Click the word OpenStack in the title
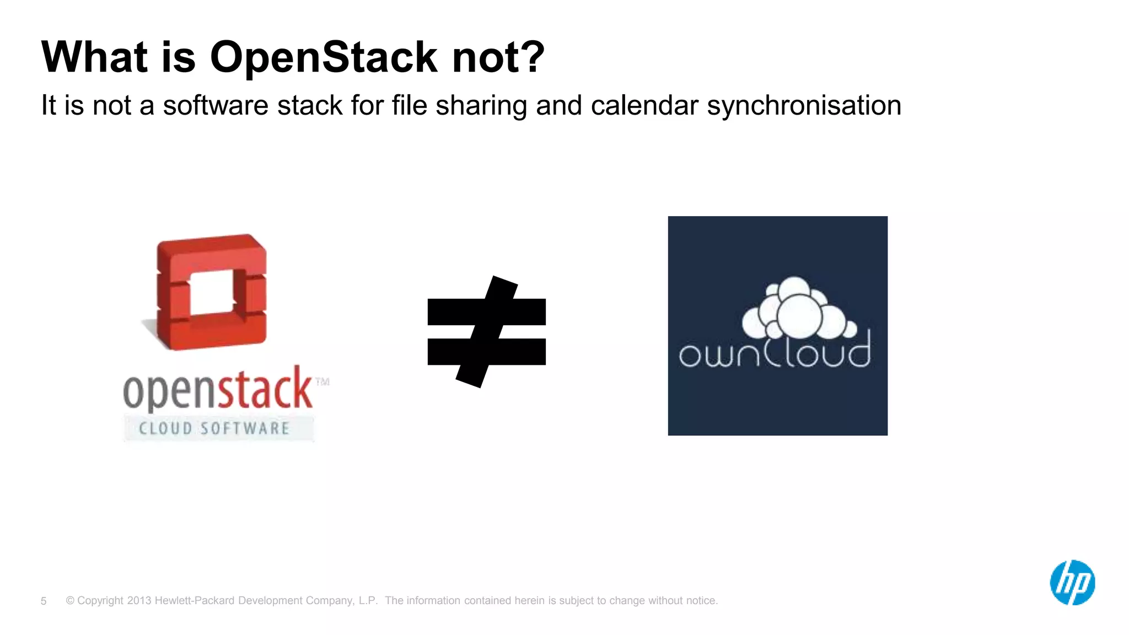click(x=324, y=57)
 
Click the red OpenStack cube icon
click(x=211, y=292)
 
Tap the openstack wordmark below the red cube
click(x=218, y=390)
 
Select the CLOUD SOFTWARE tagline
click(x=214, y=428)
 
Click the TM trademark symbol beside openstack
click(x=322, y=381)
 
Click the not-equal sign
click(x=487, y=332)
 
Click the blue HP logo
click(x=1072, y=583)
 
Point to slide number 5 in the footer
click(x=44, y=601)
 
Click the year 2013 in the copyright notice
click(x=139, y=601)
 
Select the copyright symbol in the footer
click(x=70, y=601)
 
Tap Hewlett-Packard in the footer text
click(x=194, y=601)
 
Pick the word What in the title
click(x=94, y=57)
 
